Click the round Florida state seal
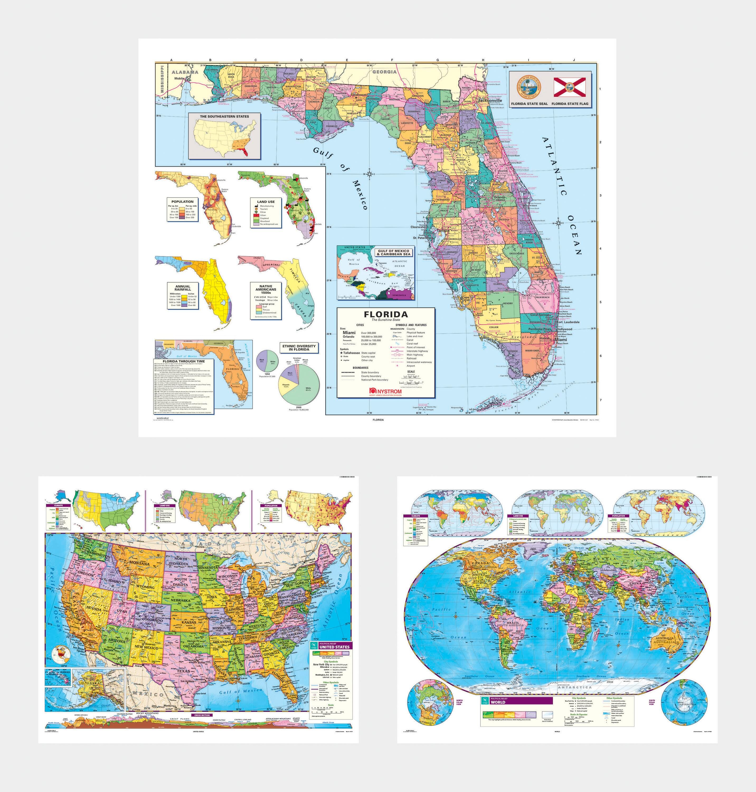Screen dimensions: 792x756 pyautogui.click(x=529, y=87)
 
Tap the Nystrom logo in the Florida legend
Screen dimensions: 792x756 pyautogui.click(x=386, y=391)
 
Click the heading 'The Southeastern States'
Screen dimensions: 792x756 pyautogui.click(x=224, y=116)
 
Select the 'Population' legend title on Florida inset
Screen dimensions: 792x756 pyautogui.click(x=182, y=201)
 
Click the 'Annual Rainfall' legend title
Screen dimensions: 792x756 pyautogui.click(x=183, y=288)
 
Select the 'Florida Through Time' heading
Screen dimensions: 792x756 pyautogui.click(x=183, y=361)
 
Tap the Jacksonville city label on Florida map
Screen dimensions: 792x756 pyautogui.click(x=490, y=100)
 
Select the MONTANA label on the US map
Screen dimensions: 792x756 pyautogui.click(x=139, y=563)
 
